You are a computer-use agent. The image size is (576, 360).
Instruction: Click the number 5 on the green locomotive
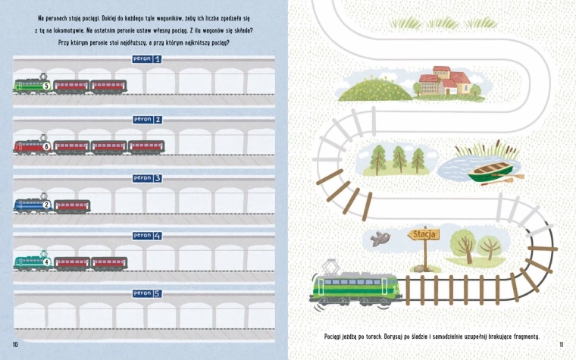(46, 86)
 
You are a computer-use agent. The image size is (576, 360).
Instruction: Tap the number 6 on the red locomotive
(46, 147)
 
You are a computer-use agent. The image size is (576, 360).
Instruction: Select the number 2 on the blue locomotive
(46, 205)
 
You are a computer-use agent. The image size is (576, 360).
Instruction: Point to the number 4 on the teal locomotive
(47, 262)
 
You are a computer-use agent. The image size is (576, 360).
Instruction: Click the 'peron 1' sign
(147, 59)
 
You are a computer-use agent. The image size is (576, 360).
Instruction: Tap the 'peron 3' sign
(147, 178)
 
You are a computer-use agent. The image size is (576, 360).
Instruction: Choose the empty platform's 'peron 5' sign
(147, 293)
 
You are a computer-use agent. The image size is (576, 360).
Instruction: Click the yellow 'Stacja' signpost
(424, 234)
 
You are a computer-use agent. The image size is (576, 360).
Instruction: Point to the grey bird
(380, 239)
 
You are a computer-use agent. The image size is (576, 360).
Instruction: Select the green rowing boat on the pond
(491, 171)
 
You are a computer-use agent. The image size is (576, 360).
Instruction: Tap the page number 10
(15, 345)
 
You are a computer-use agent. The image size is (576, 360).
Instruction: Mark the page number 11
(562, 345)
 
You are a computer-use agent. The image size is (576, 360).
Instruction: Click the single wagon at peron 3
(72, 206)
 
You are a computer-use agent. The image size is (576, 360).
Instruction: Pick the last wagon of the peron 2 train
(146, 147)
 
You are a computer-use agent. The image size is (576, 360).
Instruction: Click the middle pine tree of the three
(399, 159)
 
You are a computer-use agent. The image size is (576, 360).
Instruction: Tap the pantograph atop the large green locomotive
(330, 267)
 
